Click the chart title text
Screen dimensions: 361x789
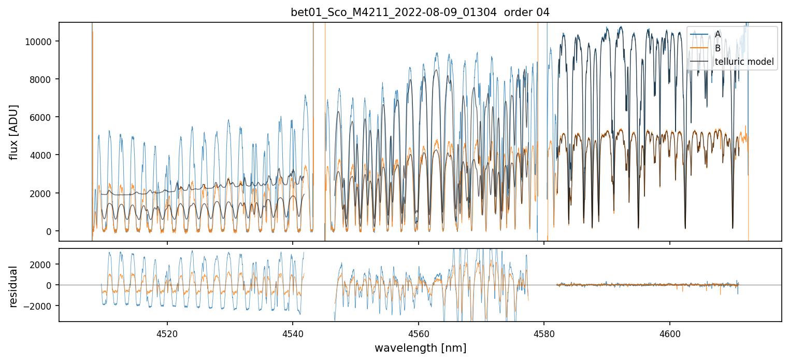(x=420, y=12)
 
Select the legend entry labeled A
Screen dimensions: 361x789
(x=718, y=34)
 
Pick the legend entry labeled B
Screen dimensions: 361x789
(x=718, y=48)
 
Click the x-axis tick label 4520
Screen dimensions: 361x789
(x=167, y=332)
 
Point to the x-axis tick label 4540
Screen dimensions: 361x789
(x=293, y=332)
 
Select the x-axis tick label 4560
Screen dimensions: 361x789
(x=419, y=332)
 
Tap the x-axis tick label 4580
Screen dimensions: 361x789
(x=544, y=332)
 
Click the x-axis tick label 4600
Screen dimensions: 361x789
(x=670, y=332)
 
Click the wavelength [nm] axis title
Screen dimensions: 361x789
(x=420, y=348)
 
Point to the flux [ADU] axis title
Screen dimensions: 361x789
(x=15, y=132)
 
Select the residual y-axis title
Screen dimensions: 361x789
(x=15, y=286)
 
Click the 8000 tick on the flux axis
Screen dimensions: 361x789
(x=42, y=79)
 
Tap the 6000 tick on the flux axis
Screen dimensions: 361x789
(x=42, y=117)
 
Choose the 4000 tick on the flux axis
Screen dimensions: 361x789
(x=42, y=155)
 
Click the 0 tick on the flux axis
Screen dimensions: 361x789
(x=50, y=231)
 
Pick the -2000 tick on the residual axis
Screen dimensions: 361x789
(x=39, y=306)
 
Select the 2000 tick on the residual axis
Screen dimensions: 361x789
(x=42, y=265)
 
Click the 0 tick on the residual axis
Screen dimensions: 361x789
(x=50, y=285)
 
